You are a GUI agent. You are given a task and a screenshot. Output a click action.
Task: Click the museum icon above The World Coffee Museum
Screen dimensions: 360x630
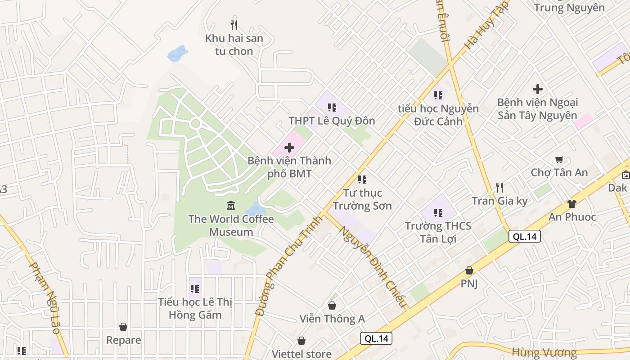point(231,205)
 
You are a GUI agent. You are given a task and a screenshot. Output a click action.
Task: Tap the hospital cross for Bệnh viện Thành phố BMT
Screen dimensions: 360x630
point(289,147)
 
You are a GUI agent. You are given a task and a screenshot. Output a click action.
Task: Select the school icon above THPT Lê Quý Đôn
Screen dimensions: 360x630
point(332,108)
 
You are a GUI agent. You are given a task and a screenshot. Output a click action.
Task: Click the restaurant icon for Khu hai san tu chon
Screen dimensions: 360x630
point(234,25)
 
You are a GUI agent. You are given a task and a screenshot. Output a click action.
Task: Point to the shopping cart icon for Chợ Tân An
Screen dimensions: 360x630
point(559,159)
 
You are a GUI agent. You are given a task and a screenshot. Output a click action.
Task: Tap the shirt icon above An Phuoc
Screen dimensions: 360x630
point(571,203)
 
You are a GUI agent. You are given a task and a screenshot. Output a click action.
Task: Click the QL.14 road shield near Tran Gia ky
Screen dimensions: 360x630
point(524,236)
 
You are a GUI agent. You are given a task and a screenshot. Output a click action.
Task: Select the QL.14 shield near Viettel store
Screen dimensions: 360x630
point(376,338)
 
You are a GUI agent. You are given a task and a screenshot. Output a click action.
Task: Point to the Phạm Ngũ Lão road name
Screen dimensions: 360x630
point(45,297)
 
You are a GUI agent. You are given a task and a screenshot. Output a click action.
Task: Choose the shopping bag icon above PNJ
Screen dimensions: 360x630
point(469,270)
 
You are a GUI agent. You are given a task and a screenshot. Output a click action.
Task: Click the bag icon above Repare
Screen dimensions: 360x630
point(123,327)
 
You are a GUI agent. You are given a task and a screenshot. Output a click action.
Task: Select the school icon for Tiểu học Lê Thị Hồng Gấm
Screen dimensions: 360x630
point(195,288)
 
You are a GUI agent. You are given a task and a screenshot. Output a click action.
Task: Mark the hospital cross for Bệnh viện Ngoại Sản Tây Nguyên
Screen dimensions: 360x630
point(537,89)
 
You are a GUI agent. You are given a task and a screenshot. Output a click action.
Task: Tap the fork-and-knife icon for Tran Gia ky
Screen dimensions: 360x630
point(499,187)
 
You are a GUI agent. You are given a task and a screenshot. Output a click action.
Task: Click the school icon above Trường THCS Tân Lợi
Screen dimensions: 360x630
point(438,212)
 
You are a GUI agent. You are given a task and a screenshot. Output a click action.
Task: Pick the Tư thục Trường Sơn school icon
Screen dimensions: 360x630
point(362,180)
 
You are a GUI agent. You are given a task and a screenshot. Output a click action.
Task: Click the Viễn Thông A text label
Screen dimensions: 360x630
point(332,319)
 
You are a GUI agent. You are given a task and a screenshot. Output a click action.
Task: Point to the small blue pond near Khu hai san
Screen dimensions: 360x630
point(177,53)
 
